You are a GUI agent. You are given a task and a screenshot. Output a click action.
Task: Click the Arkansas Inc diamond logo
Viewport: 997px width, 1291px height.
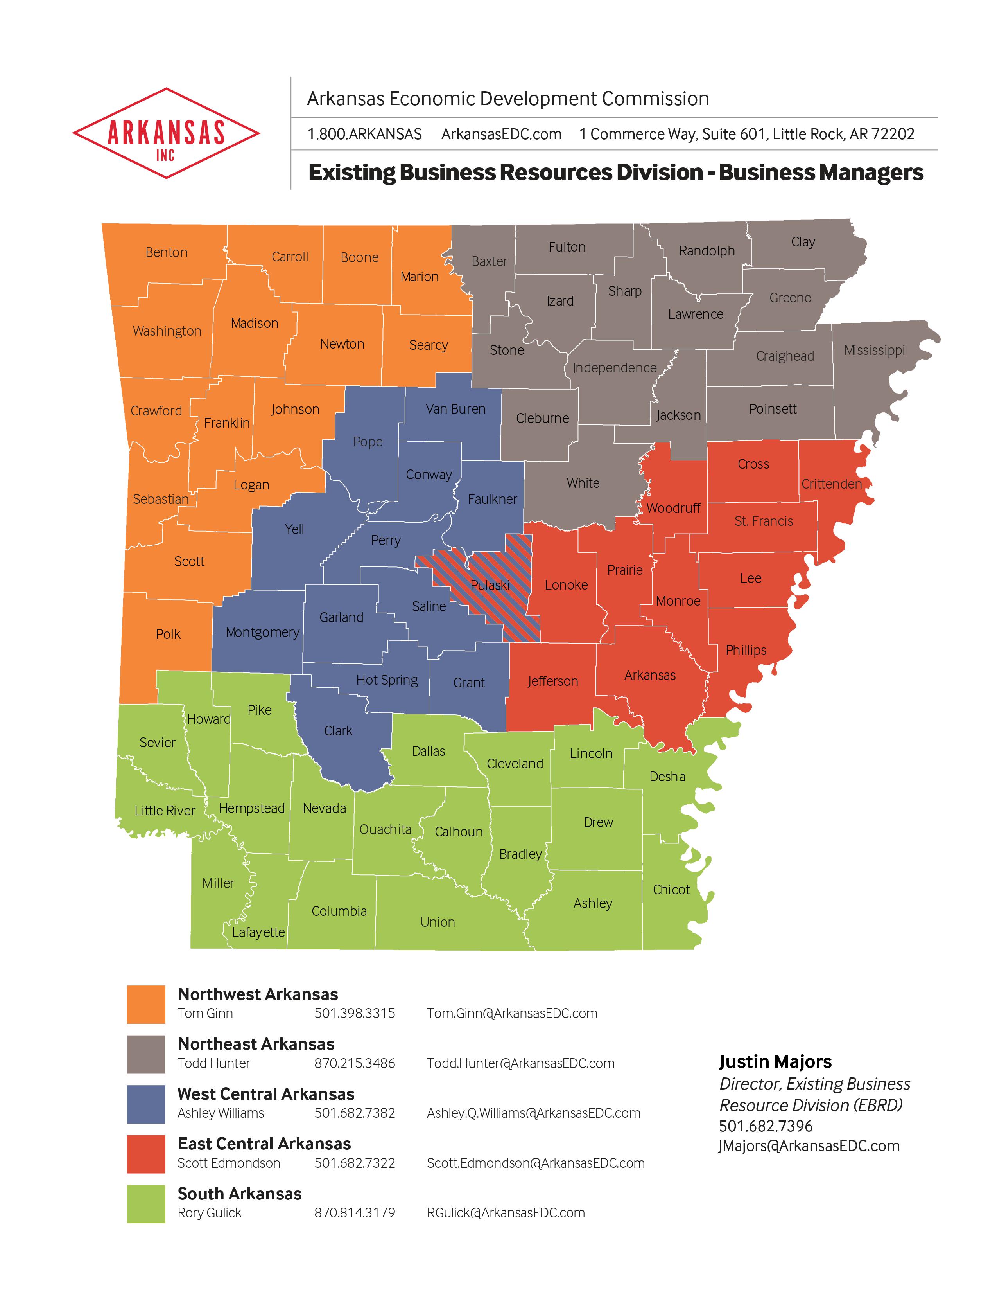(x=166, y=133)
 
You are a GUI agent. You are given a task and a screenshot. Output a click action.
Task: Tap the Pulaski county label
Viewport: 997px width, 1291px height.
(x=490, y=585)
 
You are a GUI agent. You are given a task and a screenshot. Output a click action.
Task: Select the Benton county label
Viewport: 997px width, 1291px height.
(x=167, y=252)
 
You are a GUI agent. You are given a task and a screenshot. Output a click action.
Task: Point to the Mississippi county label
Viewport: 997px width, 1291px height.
(x=874, y=350)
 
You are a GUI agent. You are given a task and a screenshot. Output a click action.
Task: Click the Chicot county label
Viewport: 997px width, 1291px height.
(x=671, y=890)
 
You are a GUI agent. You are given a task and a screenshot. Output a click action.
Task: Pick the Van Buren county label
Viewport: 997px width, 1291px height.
(x=455, y=409)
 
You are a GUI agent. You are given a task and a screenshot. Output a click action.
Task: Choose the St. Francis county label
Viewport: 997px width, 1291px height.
(x=764, y=521)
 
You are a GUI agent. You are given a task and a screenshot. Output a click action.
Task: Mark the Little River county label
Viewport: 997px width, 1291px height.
(x=165, y=811)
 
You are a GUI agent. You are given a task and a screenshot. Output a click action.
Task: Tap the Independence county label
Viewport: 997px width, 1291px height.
(x=614, y=368)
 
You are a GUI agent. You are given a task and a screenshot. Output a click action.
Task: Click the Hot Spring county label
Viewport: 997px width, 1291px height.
(x=387, y=680)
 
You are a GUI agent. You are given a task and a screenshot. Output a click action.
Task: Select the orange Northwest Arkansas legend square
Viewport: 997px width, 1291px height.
(x=146, y=1004)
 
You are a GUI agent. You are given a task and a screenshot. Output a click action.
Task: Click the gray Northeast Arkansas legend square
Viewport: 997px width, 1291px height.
(x=146, y=1054)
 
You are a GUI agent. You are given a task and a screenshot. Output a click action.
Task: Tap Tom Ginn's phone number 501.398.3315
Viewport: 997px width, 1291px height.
(x=354, y=1013)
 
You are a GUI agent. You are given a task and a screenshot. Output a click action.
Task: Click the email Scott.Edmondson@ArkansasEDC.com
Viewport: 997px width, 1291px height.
(x=535, y=1163)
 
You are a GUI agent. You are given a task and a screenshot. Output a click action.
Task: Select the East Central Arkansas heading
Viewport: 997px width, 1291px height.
(x=264, y=1144)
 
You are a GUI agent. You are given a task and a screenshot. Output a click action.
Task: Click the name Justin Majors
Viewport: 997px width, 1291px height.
(x=775, y=1062)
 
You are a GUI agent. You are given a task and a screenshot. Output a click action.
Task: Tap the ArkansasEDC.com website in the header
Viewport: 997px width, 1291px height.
(x=501, y=134)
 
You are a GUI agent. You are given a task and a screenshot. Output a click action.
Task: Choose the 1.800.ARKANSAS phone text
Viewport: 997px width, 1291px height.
(x=364, y=134)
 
